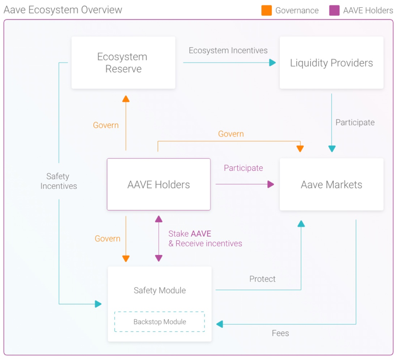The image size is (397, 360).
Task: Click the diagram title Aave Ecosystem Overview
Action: point(63,10)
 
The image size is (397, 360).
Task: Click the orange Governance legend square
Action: point(266,10)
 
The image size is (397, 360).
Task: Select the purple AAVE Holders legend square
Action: point(334,10)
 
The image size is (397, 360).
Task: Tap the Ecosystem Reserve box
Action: point(123,63)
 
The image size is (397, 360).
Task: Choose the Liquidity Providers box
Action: point(331,63)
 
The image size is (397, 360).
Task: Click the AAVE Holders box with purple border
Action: point(158,185)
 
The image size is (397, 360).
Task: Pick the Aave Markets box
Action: point(331,185)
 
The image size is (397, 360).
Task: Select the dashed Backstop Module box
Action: point(160,322)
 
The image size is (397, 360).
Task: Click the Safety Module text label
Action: point(160,290)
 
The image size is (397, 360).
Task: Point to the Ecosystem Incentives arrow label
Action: point(228,51)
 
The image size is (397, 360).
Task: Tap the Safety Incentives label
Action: point(58,181)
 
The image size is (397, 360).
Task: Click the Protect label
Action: point(262,279)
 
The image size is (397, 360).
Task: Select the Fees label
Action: point(280,333)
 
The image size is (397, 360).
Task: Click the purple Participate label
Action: point(243,168)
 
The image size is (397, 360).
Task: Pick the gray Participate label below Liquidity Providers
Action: point(355,122)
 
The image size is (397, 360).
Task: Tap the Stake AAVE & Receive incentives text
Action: point(205,239)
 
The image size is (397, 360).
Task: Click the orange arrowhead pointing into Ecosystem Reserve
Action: point(126,99)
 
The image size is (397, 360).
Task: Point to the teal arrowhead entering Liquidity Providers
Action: point(272,63)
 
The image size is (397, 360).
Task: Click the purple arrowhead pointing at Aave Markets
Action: point(270,184)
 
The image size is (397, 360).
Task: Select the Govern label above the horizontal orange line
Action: point(231,134)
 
